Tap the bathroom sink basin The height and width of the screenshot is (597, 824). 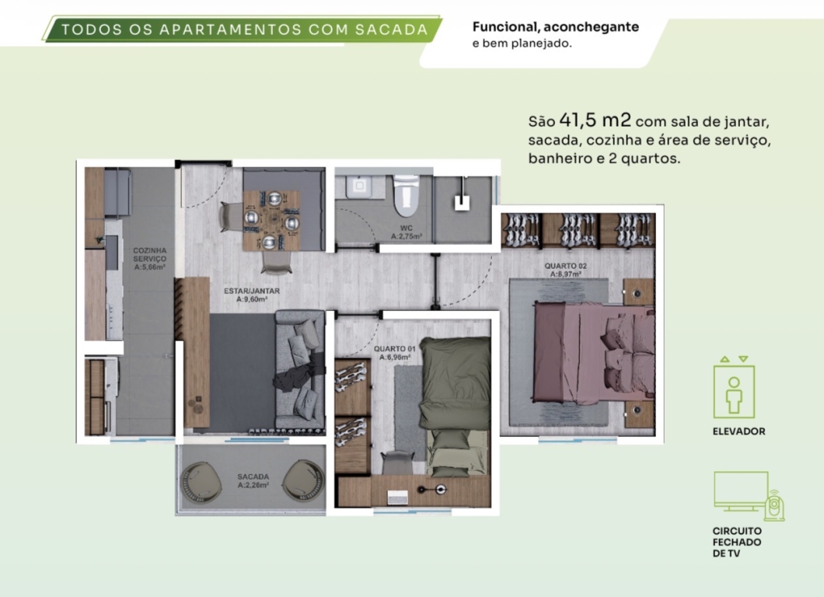[359, 186]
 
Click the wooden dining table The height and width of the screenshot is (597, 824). [271, 220]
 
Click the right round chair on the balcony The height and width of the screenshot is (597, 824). [303, 481]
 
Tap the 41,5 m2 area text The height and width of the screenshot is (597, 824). [595, 120]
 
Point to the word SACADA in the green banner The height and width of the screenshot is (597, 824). [392, 30]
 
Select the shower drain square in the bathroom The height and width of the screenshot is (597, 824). [462, 202]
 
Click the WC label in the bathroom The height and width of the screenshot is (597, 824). [407, 229]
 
